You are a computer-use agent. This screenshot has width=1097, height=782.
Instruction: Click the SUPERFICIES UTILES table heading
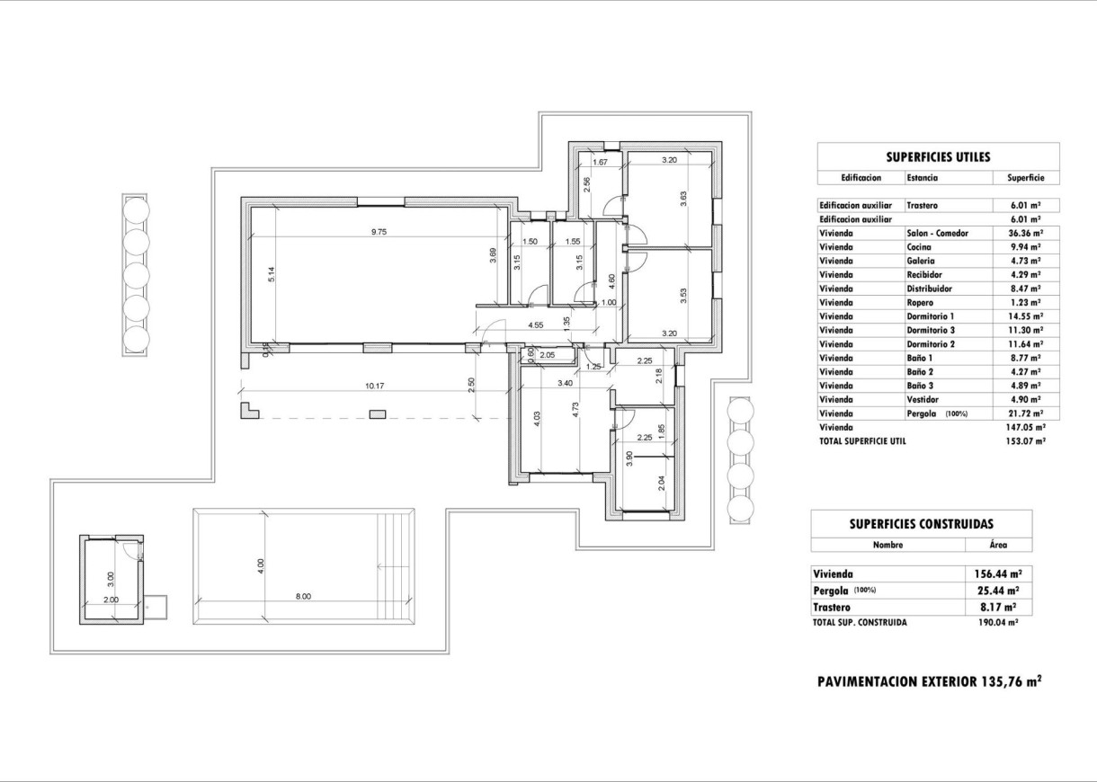[938, 157]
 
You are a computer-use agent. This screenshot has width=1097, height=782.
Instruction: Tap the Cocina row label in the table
[919, 247]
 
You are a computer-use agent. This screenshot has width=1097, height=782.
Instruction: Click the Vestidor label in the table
[923, 399]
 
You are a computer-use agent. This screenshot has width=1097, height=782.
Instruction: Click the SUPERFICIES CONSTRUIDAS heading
[921, 523]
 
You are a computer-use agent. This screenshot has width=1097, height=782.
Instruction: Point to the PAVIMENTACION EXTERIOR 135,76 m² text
[929, 681]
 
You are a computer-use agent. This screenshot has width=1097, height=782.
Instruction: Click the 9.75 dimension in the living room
[380, 231]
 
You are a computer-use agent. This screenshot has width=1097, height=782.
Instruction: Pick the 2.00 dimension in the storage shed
[111, 600]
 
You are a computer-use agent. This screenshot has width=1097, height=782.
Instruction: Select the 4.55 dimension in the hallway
[536, 324]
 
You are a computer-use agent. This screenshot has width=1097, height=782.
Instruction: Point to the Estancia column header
[923, 178]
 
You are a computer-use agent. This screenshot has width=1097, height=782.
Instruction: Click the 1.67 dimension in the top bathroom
[601, 162]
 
